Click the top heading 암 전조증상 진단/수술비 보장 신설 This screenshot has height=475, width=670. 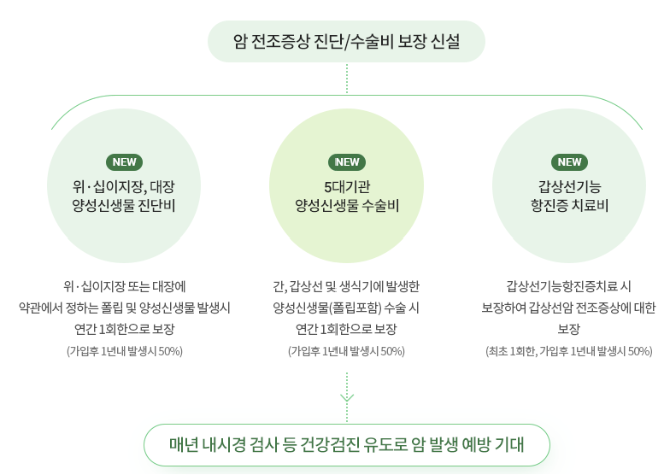pos(346,41)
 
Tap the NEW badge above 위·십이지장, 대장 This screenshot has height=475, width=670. pos(124,162)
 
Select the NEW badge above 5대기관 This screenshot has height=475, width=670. pos(347,162)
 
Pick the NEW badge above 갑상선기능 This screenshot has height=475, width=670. pos(569,162)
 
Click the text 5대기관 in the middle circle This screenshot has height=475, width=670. pos(347,185)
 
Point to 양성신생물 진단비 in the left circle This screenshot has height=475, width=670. pos(124,206)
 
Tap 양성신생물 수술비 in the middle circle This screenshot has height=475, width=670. pos(347,206)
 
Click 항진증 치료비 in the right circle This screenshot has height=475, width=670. pos(569,206)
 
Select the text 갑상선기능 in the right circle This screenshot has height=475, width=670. pos(569,185)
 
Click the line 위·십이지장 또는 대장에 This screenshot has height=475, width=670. pos(124,285)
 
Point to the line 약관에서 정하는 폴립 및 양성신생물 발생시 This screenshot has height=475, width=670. pos(124,307)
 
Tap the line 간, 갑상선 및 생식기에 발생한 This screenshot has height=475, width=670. pos(347,285)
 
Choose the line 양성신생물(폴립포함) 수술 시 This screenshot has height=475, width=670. pos(347,307)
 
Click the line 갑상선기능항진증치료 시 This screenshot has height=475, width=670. pos(569,285)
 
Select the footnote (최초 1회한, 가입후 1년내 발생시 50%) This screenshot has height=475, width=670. pos(569,351)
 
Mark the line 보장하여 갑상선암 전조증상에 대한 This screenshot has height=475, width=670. pos(569,307)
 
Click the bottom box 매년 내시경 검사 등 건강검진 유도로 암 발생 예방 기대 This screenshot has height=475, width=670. pos(346,445)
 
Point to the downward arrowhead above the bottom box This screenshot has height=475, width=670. pos(347,397)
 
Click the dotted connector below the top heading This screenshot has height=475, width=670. pos(347,78)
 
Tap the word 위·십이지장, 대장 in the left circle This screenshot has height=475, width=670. pos(124,185)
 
